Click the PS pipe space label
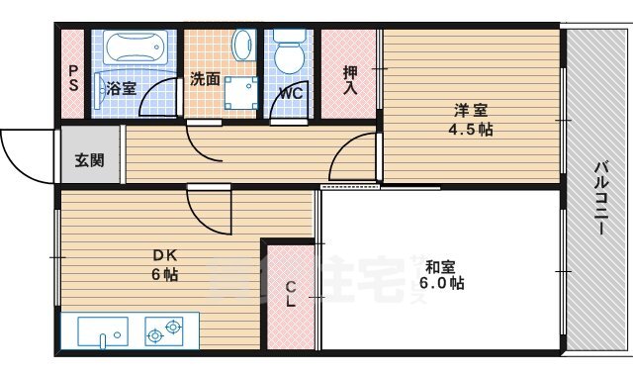pyautogui.click(x=73, y=78)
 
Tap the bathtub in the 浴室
pyautogui.click(x=136, y=47)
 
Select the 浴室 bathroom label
pyautogui.click(x=121, y=88)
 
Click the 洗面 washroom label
pyautogui.click(x=205, y=79)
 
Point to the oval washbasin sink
pyautogui.click(x=243, y=45)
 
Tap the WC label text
pyautogui.click(x=291, y=94)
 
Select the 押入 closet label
pyautogui.click(x=350, y=80)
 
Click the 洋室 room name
pyautogui.click(x=471, y=110)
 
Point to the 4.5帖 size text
pyautogui.click(x=471, y=130)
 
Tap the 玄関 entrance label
pyautogui.click(x=89, y=160)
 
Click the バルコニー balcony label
pyautogui.click(x=601, y=198)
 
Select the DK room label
pyautogui.click(x=165, y=255)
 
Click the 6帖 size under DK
pyautogui.click(x=165, y=275)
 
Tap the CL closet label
pyautogui.click(x=291, y=294)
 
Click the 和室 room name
pyautogui.click(x=441, y=267)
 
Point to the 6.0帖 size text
pyautogui.click(x=441, y=283)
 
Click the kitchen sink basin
pyautogui.click(x=103, y=332)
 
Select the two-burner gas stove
pyautogui.click(x=164, y=330)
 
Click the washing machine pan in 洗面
pyautogui.click(x=240, y=93)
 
